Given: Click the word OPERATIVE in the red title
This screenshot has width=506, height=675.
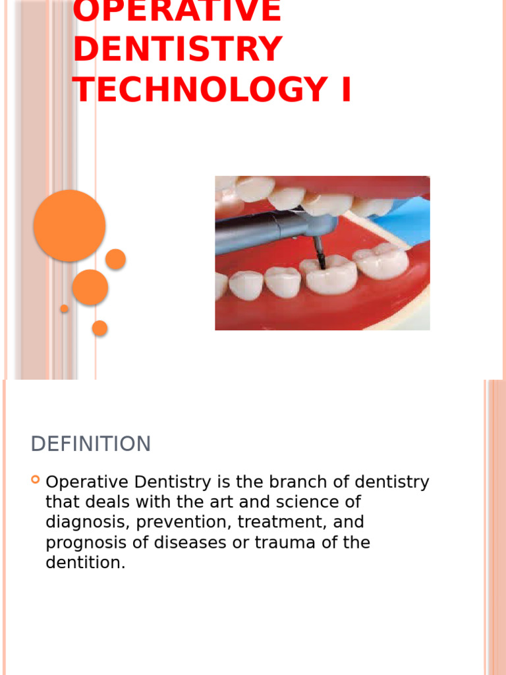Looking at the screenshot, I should pos(177,11).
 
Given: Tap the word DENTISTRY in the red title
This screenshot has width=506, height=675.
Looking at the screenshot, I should pos(178,49).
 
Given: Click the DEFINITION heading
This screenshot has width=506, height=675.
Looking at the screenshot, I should pos(91,444).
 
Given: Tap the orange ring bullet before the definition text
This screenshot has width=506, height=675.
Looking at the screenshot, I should pos(36,481).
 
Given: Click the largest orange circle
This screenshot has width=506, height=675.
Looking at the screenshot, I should pos(69,225).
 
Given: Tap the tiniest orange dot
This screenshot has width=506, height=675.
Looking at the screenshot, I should pos(64,308).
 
